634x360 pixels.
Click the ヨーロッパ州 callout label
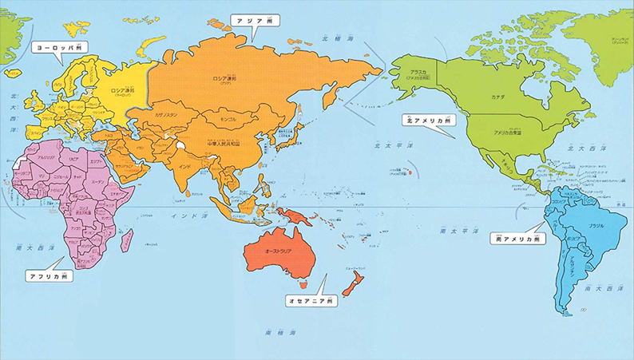click(59, 48)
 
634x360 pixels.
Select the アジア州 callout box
click(253, 19)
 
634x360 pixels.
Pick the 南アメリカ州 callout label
click(517, 238)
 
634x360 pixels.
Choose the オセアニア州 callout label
click(311, 301)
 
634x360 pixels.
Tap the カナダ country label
click(499, 97)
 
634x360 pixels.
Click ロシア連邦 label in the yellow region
click(112, 90)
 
